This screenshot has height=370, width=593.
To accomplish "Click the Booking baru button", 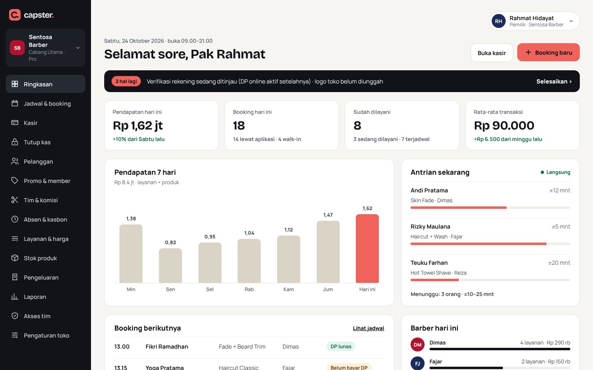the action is pyautogui.click(x=548, y=52).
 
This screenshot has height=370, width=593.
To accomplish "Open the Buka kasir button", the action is pyautogui.click(x=492, y=53).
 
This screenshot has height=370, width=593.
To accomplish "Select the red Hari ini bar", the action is pyautogui.click(x=367, y=248).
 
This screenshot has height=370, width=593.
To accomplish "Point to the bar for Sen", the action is pyautogui.click(x=170, y=266).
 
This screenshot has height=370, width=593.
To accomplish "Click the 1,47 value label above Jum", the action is pyautogui.click(x=328, y=215).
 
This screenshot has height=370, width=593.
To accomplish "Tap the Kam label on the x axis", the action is pyautogui.click(x=289, y=289).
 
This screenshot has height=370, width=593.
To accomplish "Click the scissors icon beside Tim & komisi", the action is pyautogui.click(x=15, y=200).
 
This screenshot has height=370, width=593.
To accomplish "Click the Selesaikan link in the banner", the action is pyautogui.click(x=554, y=81).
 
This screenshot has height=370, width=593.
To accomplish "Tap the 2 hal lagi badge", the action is pyautogui.click(x=126, y=81).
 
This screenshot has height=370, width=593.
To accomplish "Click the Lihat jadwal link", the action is pyautogui.click(x=368, y=328).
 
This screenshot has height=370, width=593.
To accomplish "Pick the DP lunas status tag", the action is pyautogui.click(x=341, y=346).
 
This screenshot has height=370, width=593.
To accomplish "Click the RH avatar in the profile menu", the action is pyautogui.click(x=498, y=21).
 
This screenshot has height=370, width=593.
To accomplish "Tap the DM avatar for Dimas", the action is pyautogui.click(x=418, y=345).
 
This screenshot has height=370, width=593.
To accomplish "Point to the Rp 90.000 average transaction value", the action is pyautogui.click(x=504, y=125).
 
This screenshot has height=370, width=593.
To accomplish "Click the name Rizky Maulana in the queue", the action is pyautogui.click(x=430, y=227).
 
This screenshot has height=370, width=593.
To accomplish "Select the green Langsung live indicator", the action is pyautogui.click(x=555, y=172).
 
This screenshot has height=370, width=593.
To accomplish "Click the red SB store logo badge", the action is pyautogui.click(x=17, y=48).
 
